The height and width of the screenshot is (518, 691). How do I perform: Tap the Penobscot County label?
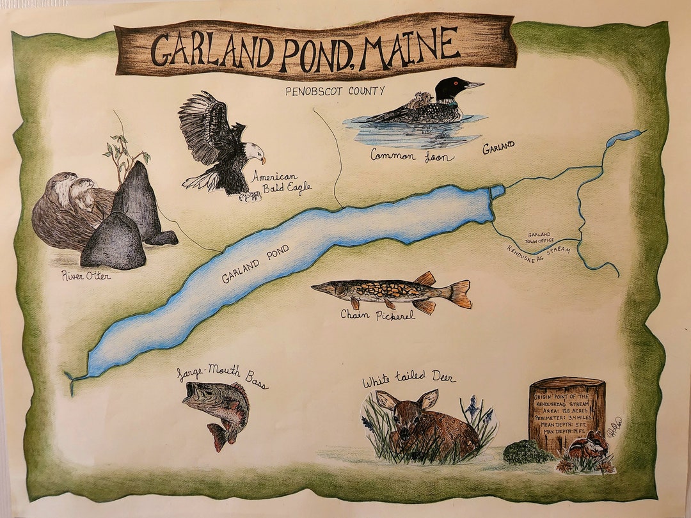click(x=335, y=91)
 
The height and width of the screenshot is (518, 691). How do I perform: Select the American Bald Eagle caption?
click(x=275, y=182)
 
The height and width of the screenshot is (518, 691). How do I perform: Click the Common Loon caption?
click(x=413, y=155)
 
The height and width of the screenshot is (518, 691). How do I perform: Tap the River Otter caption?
click(x=86, y=276)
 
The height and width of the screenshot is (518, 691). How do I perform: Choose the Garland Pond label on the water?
click(x=250, y=269)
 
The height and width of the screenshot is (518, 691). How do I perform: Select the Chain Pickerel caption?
click(x=377, y=315)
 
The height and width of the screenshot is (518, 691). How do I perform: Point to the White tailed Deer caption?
click(x=409, y=379)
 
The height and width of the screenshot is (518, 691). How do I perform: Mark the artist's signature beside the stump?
click(x=617, y=425)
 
